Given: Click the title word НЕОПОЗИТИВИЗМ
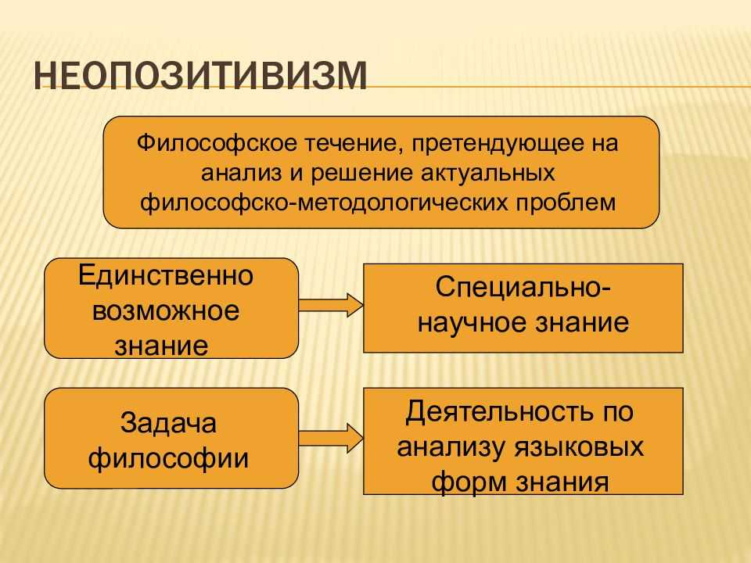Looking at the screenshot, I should click(x=201, y=78).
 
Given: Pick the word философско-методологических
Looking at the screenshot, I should click(x=325, y=202).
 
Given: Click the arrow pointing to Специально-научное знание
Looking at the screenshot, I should click(x=330, y=303).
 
